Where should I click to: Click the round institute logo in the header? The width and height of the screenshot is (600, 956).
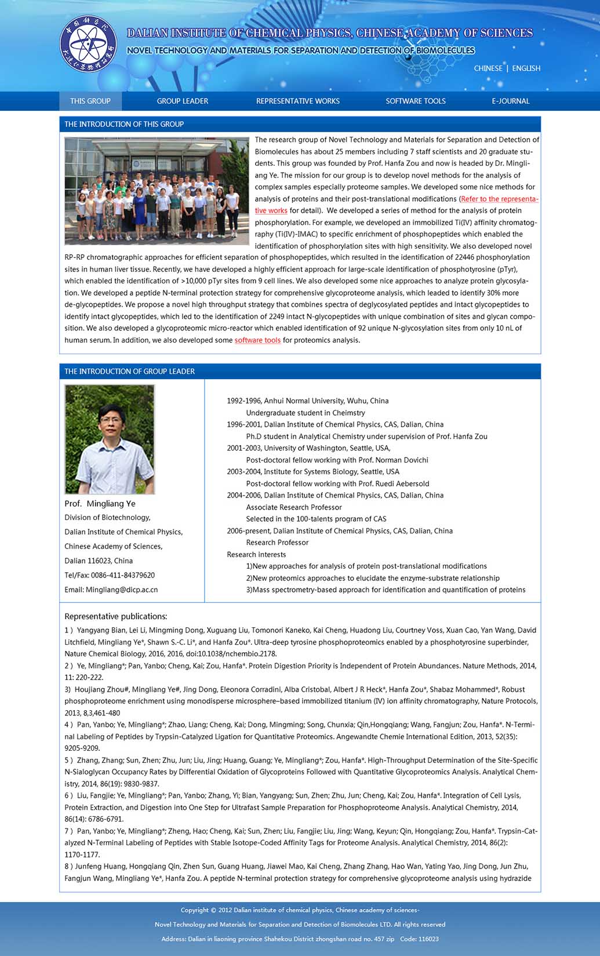click(x=88, y=44)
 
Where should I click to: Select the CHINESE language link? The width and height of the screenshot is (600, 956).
click(x=488, y=68)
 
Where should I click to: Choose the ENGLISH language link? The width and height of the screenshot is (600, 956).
click(x=526, y=68)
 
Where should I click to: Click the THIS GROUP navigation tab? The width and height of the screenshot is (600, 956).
click(x=90, y=101)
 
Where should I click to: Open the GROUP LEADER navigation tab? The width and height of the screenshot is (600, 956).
click(x=182, y=101)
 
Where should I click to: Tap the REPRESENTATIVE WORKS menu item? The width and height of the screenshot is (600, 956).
click(x=298, y=101)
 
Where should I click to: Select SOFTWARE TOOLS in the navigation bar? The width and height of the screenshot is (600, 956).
click(x=416, y=101)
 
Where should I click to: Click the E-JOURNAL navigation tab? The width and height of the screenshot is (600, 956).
click(x=511, y=101)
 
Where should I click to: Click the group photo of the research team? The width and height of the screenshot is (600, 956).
click(x=157, y=191)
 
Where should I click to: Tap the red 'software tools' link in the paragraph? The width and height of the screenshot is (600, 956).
click(x=257, y=340)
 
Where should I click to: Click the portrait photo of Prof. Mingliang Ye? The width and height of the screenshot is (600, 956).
click(x=110, y=439)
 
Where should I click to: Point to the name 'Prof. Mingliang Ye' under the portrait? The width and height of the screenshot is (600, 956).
click(x=100, y=504)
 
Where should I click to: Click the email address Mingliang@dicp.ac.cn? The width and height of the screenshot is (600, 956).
click(x=122, y=590)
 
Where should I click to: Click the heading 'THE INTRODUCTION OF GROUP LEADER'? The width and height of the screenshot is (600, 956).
click(x=129, y=372)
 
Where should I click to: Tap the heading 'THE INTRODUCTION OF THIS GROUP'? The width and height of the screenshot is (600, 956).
click(x=123, y=124)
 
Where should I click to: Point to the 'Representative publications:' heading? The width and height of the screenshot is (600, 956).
click(x=115, y=616)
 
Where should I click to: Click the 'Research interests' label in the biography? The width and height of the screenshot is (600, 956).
click(x=256, y=555)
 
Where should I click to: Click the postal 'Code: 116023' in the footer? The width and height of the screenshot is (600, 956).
click(x=419, y=939)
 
